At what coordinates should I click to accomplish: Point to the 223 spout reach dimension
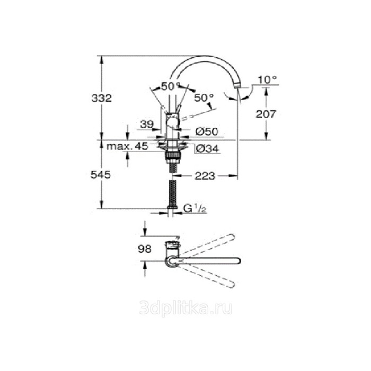205,176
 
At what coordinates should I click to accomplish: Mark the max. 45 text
127,147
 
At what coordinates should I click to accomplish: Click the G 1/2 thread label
194,208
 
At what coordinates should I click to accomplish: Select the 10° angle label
268,80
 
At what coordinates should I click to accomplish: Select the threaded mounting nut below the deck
172,156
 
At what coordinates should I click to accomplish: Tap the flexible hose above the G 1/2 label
172,193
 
